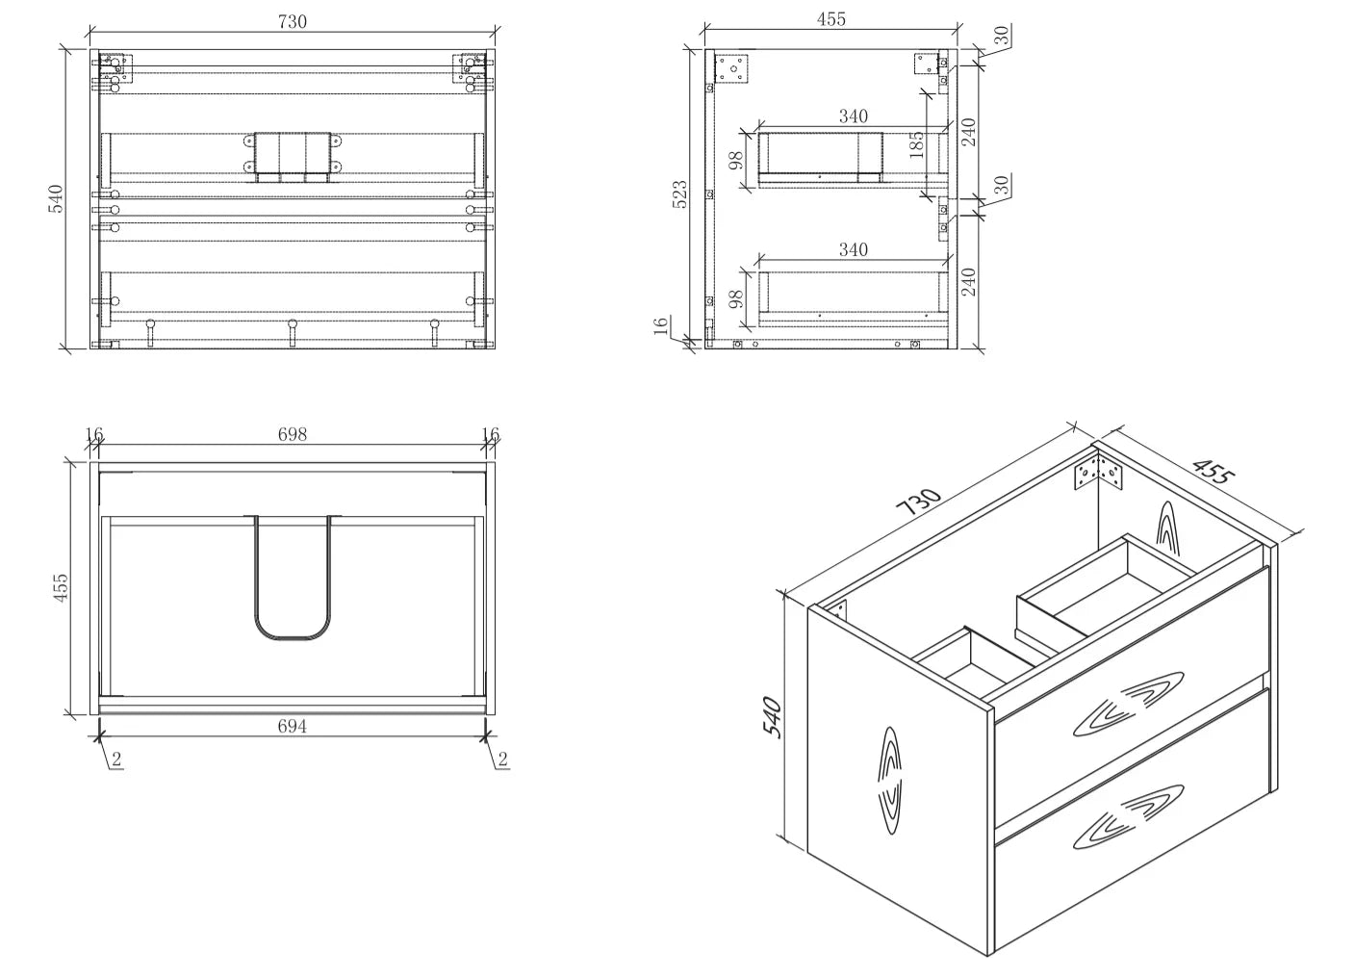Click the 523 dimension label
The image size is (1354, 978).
(680, 194)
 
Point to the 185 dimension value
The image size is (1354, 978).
(916, 144)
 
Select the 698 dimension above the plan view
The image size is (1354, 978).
(293, 434)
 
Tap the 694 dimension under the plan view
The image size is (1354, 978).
(292, 726)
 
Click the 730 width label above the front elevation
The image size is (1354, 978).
(293, 21)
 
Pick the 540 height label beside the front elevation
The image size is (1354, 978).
(55, 199)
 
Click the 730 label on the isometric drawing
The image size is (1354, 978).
(918, 502)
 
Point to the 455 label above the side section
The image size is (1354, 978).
(831, 19)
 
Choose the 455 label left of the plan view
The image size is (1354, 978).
(61, 587)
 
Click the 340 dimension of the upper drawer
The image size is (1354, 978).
(853, 116)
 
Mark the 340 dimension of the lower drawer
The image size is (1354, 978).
(853, 249)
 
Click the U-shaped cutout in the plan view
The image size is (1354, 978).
(294, 578)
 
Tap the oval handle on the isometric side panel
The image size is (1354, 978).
(892, 781)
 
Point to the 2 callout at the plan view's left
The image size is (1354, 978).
(116, 759)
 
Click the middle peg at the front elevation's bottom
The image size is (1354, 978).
(293, 332)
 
